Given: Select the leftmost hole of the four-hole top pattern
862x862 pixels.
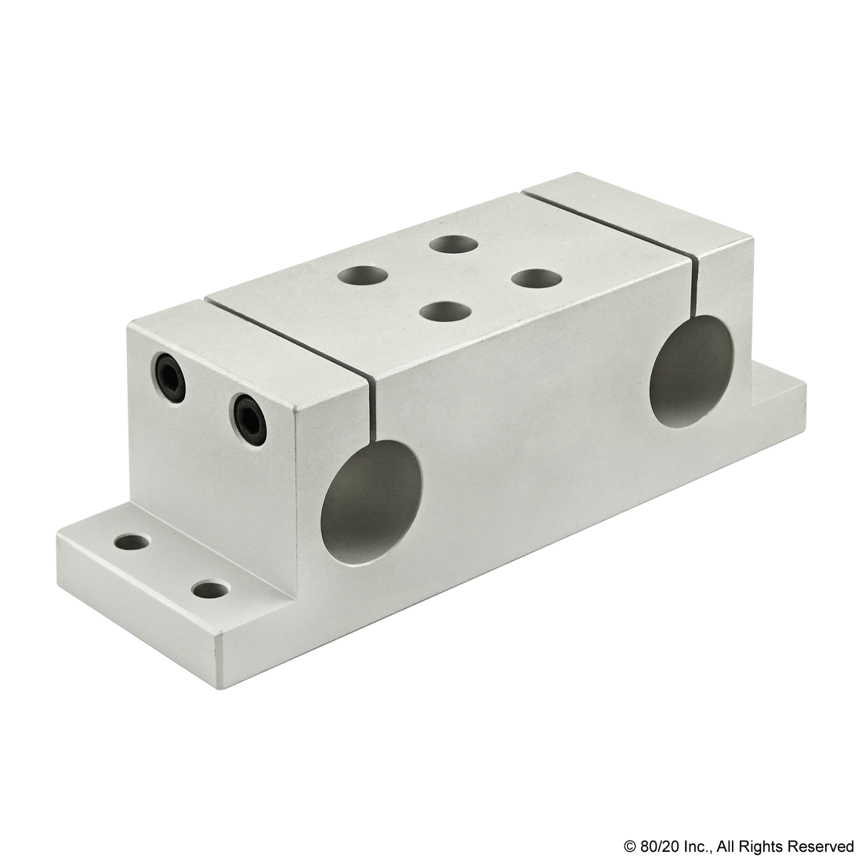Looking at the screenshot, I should (x=361, y=276).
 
